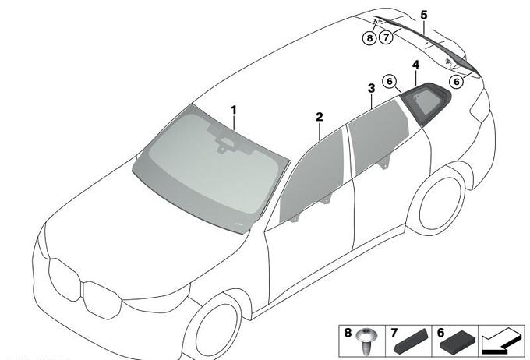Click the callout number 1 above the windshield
pos(234,110)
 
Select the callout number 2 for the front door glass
pos(320,118)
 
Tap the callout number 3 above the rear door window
pos(372,88)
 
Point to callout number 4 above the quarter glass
pos(415,65)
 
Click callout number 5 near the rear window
pos(424,15)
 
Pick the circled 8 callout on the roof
pos(369,38)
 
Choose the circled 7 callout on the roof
pos(386,37)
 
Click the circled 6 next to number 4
pos(390,82)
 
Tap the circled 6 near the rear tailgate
pos(456,82)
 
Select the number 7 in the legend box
pos(394,333)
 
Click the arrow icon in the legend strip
pos(502,341)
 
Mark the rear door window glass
pos(378,136)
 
